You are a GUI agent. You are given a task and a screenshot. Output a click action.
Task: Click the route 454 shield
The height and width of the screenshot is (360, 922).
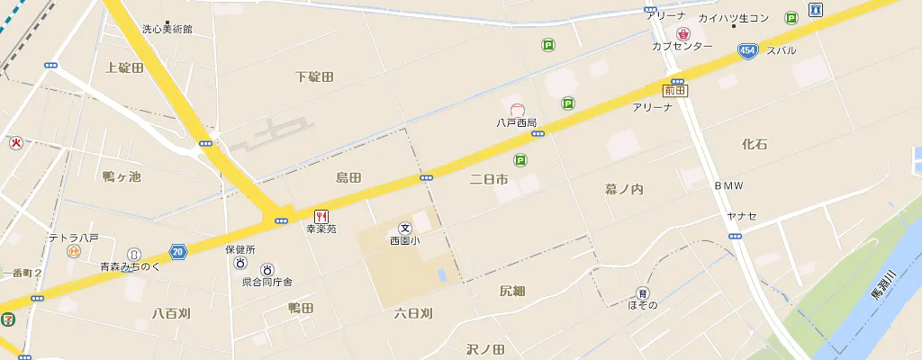pyautogui.click(x=746, y=51)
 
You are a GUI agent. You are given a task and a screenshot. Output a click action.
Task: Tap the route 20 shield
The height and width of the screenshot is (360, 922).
pyautogui.click(x=178, y=252)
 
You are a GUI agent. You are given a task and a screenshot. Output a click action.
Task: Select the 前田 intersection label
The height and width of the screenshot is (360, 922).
pyautogui.click(x=674, y=90)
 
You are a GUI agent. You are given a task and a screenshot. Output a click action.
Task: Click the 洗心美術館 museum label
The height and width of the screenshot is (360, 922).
pyautogui.click(x=167, y=29)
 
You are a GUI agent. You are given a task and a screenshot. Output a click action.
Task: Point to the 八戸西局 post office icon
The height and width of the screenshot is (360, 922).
pyautogui.click(x=517, y=110)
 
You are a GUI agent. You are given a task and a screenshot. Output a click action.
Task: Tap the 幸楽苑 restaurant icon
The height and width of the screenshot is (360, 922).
pyautogui.click(x=321, y=216)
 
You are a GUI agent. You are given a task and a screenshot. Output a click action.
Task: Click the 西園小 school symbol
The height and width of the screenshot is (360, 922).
pyautogui.click(x=405, y=229)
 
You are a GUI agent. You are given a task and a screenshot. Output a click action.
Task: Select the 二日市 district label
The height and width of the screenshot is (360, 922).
pyautogui.click(x=489, y=180)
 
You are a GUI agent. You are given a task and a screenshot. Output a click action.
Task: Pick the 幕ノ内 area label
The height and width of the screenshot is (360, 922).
pyautogui.click(x=624, y=189)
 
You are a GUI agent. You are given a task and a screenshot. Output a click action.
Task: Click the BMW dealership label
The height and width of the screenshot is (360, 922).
pyautogui.click(x=729, y=185)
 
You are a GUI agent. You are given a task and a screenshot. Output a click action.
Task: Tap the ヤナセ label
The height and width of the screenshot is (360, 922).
pyautogui.click(x=742, y=216)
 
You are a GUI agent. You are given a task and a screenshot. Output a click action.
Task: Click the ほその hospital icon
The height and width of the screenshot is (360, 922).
pyautogui.click(x=642, y=292)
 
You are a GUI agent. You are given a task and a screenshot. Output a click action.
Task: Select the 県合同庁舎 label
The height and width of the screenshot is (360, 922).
pyautogui.click(x=267, y=282)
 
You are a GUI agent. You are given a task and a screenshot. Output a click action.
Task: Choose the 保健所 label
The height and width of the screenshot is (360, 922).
pyautogui.click(x=240, y=249)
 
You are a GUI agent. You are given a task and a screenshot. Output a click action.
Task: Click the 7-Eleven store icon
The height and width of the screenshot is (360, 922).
pyautogui.click(x=7, y=318)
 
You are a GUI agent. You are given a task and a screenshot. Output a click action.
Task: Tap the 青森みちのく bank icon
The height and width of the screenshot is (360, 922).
pyautogui.click(x=133, y=255)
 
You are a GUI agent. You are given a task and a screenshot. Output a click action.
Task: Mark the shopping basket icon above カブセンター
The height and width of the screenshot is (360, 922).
pyautogui.click(x=682, y=33)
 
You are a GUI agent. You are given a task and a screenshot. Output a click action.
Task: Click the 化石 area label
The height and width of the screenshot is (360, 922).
pyautogui.click(x=755, y=144)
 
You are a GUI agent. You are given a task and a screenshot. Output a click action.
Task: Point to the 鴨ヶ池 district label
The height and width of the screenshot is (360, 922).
pyautogui.click(x=122, y=176)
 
